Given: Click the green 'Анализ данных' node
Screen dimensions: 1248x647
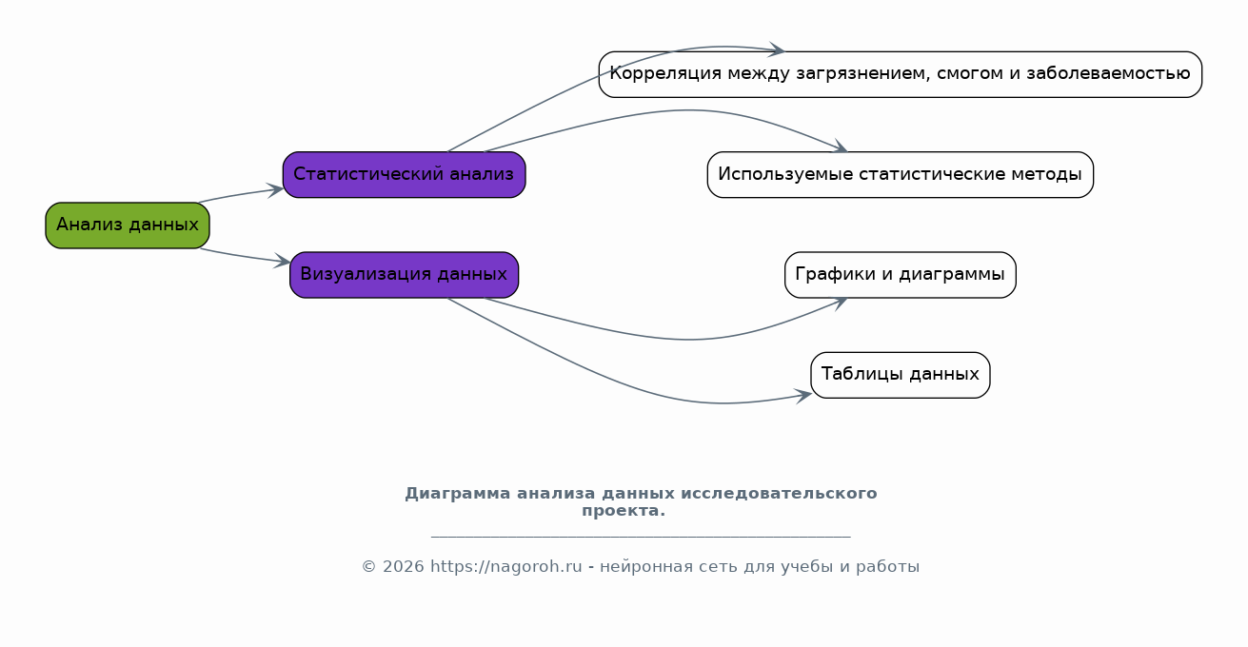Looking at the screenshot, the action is [x=128, y=225].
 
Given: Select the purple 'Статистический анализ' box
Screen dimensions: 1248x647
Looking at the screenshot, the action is [x=404, y=175].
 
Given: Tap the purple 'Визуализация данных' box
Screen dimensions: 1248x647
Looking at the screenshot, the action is [x=404, y=275].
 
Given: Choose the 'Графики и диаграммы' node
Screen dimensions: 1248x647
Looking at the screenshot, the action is [x=901, y=275].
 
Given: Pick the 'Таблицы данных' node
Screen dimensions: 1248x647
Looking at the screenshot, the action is [x=901, y=375].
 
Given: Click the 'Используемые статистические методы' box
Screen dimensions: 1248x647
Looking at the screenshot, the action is [x=901, y=175].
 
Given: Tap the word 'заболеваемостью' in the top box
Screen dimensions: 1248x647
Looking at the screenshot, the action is [x=1108, y=73].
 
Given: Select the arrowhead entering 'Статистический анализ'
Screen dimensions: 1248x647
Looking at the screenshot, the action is [x=276, y=190].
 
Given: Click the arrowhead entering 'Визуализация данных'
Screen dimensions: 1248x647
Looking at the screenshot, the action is [x=283, y=261].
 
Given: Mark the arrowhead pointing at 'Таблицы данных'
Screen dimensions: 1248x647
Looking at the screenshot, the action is [x=803, y=396].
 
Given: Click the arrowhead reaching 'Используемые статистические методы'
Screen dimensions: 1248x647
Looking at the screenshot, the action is [x=841, y=147].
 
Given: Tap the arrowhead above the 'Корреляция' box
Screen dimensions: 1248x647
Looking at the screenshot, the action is [x=777, y=49].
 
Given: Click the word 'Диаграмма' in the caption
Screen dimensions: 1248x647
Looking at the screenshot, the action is [x=458, y=494].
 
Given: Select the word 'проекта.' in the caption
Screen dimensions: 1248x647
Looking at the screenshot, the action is [x=624, y=511].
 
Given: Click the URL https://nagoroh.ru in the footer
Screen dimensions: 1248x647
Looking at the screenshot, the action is [x=505, y=567].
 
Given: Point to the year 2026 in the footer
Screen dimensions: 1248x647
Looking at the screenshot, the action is [x=404, y=567].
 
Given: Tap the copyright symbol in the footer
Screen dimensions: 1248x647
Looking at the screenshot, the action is [x=369, y=567].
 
